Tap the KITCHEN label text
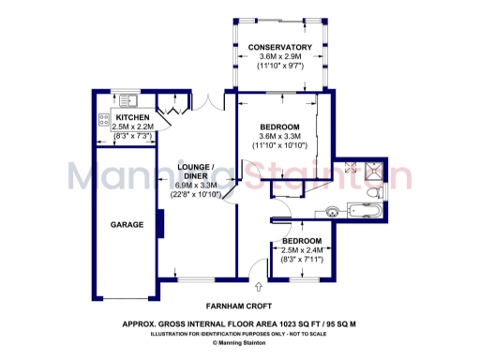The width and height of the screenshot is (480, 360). click(x=132, y=117)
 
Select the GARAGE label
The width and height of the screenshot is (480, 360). click(x=127, y=225)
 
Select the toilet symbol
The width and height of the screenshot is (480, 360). click(x=373, y=192)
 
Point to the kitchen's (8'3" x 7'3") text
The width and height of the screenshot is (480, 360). click(x=132, y=137)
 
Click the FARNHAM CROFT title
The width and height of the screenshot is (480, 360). click(x=239, y=306)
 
